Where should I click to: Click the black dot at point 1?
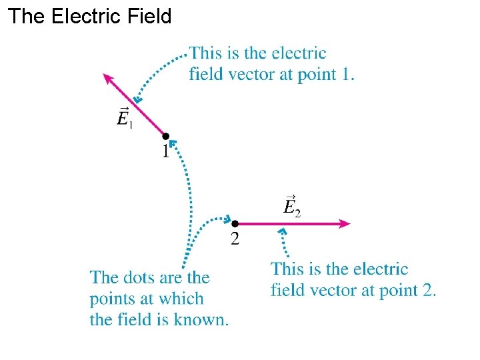tap(166, 136)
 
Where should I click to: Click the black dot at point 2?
tap(235, 224)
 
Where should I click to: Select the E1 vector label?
tap(124, 118)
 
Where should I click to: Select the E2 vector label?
tap(292, 206)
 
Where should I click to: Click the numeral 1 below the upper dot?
tap(165, 151)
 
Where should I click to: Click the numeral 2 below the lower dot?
tap(235, 239)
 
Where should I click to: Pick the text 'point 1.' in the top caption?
tap(329, 75)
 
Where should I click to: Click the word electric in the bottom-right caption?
tap(380, 269)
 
